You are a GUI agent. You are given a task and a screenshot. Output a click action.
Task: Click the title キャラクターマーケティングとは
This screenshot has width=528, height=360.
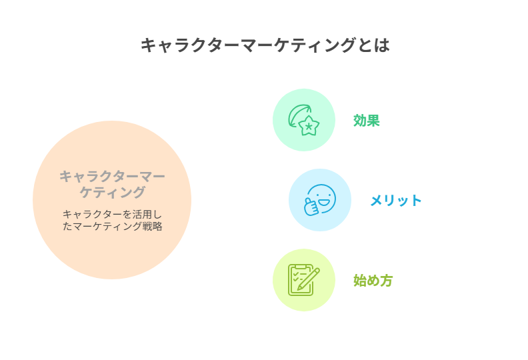click(x=265, y=45)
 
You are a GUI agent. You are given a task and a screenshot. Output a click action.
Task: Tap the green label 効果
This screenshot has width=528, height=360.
click(x=367, y=121)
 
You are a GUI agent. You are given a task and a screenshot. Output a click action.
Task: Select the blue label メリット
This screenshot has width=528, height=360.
click(x=395, y=201)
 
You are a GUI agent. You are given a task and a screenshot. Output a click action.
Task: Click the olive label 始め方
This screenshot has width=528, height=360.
click(x=373, y=281)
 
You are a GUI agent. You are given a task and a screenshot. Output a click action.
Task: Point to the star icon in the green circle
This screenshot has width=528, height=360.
click(x=309, y=126)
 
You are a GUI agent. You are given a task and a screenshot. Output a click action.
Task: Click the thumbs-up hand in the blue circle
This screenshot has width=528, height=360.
click(x=311, y=206)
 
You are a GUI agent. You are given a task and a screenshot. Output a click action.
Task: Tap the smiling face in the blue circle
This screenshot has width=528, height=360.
click(x=322, y=199)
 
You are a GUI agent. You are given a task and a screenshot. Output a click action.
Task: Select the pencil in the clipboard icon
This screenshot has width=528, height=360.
click(x=308, y=279)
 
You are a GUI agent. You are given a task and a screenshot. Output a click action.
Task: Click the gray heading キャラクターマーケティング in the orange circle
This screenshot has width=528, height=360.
click(x=112, y=184)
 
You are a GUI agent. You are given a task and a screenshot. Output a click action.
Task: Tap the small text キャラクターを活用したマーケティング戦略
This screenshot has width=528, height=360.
click(x=112, y=220)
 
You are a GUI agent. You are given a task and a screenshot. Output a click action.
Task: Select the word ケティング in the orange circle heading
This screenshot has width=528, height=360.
click(x=112, y=192)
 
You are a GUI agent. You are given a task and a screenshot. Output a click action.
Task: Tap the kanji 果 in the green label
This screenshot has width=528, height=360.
click(x=373, y=121)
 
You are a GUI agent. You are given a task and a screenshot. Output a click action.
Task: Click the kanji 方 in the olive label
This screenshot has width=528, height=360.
click(x=386, y=281)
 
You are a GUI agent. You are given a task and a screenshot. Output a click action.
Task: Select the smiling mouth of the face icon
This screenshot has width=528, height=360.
click(x=325, y=203)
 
